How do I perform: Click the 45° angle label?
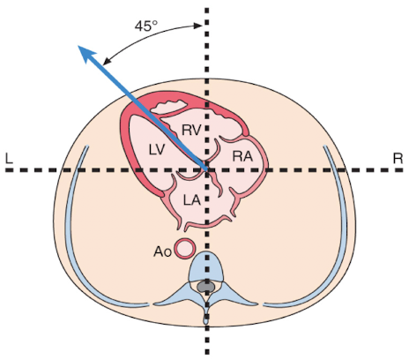(x=145, y=26)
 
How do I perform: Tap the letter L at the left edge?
(x=8, y=158)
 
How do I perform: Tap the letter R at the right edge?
(x=398, y=158)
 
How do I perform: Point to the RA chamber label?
(x=242, y=156)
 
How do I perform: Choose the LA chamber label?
(x=191, y=200)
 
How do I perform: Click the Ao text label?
(x=161, y=251)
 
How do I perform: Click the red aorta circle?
(x=184, y=248)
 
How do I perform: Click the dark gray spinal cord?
(x=206, y=286)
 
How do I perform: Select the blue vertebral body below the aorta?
(x=206, y=265)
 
